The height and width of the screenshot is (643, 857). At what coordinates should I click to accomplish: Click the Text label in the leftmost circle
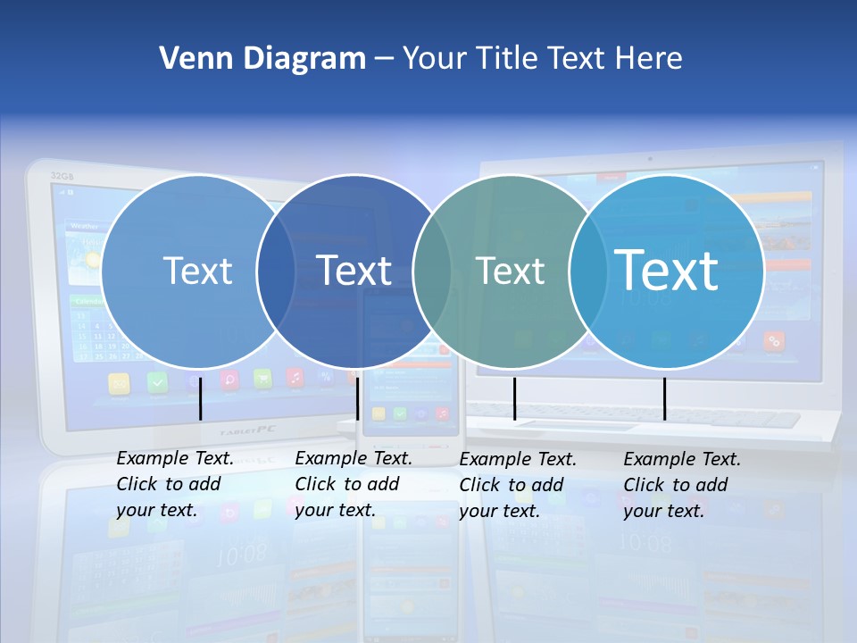197,271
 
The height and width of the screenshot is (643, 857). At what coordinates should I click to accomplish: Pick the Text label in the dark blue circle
354,271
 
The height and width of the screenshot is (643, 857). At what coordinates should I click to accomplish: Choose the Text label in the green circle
510,271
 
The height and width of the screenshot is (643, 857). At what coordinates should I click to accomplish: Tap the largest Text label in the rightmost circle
667,271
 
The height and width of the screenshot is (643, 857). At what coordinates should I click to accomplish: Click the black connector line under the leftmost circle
201,398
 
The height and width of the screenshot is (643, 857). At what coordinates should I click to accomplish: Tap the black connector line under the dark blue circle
357,398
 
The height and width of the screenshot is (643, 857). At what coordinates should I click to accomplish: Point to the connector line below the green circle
514,398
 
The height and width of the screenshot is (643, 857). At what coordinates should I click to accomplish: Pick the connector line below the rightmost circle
664,398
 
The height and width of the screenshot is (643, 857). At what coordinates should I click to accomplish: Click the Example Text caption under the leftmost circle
174,484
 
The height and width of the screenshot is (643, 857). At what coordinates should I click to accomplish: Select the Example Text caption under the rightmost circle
681,485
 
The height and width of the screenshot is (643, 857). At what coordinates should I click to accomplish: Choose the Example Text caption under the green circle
517,485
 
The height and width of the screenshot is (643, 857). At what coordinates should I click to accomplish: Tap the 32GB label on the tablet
62,176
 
